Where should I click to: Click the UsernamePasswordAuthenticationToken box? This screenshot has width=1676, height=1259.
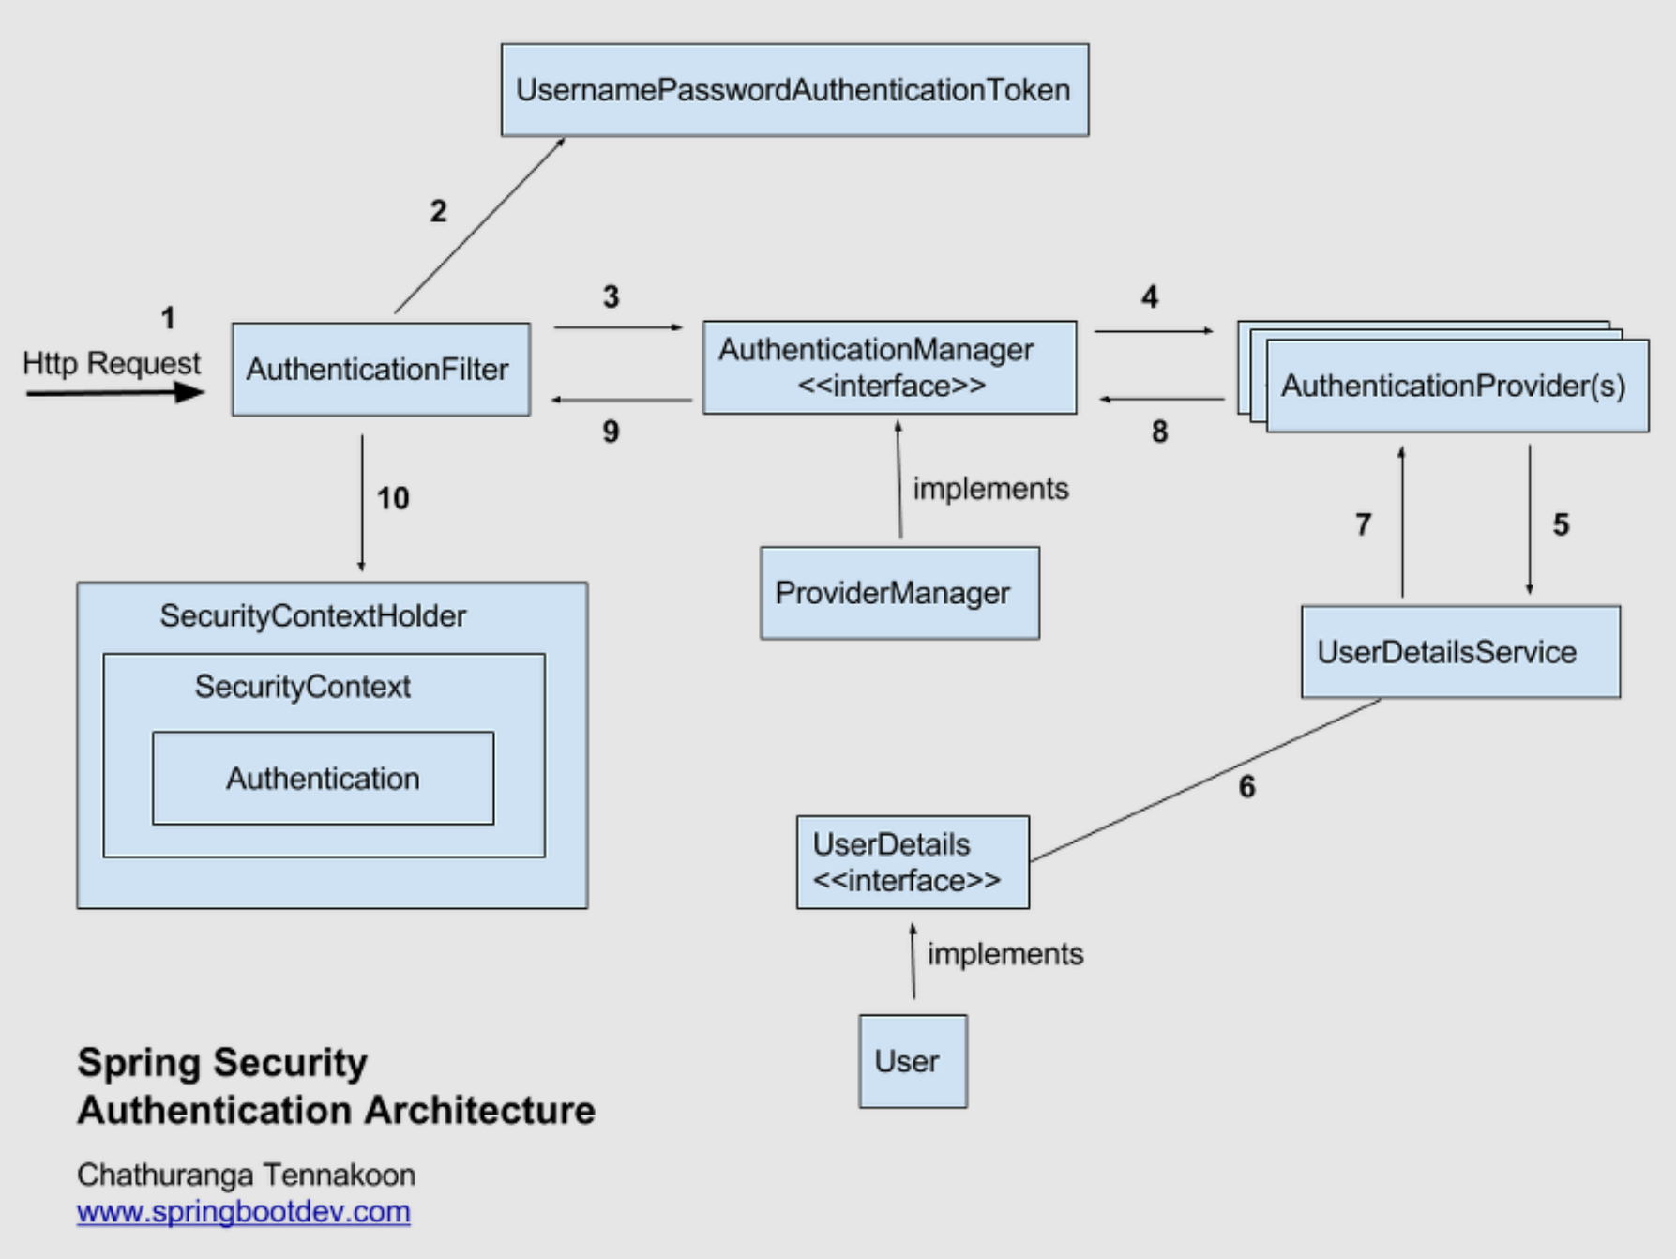coord(794,90)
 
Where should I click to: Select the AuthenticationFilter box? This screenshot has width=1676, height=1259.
coord(381,370)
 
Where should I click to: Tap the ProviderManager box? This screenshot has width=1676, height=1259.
coord(898,593)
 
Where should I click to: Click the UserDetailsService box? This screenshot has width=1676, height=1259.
coord(1459,652)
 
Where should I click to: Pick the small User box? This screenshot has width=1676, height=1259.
coord(912,1061)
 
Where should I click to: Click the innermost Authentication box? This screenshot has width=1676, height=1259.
coord(323,779)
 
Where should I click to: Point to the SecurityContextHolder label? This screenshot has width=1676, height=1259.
coord(312,616)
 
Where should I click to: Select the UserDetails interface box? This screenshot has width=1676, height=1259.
coord(912,862)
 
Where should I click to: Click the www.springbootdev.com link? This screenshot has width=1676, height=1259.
coord(243,1211)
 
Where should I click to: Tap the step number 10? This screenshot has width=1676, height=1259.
coord(393,498)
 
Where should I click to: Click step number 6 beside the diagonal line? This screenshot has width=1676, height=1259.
coord(1246,787)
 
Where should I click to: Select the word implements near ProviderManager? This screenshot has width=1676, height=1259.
coord(990,489)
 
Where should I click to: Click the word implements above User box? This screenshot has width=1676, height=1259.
coord(1004,954)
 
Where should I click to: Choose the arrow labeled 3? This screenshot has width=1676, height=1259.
coord(617,327)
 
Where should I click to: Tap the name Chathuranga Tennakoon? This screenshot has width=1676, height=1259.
coord(246,1175)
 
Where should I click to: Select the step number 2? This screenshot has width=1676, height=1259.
coord(438,211)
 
